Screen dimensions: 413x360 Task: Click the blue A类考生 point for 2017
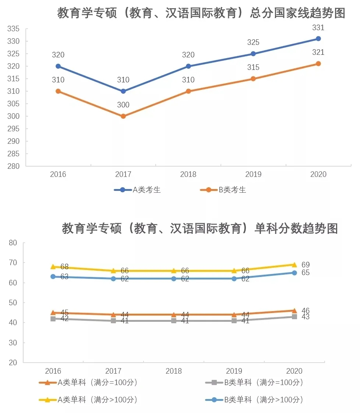(x=123, y=91)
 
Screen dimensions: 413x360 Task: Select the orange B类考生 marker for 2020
(x=318, y=64)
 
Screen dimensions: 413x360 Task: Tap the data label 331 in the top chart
(x=318, y=28)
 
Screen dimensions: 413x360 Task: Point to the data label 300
(x=123, y=105)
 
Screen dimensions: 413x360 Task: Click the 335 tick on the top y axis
(x=13, y=29)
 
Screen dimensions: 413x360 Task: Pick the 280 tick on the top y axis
(x=13, y=166)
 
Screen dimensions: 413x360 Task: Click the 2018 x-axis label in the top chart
(x=188, y=174)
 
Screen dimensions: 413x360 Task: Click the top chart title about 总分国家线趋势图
(x=201, y=14)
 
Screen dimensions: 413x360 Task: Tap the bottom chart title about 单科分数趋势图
(x=200, y=228)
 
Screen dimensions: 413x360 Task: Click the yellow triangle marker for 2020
(x=294, y=264)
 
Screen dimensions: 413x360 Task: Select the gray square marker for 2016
(x=53, y=319)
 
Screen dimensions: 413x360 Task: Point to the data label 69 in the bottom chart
(x=306, y=265)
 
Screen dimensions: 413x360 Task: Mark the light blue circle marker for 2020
(x=294, y=273)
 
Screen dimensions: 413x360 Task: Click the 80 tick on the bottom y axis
(x=13, y=243)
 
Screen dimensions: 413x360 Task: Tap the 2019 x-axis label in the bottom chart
(x=234, y=371)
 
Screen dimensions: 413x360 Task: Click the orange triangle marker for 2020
(x=294, y=310)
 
